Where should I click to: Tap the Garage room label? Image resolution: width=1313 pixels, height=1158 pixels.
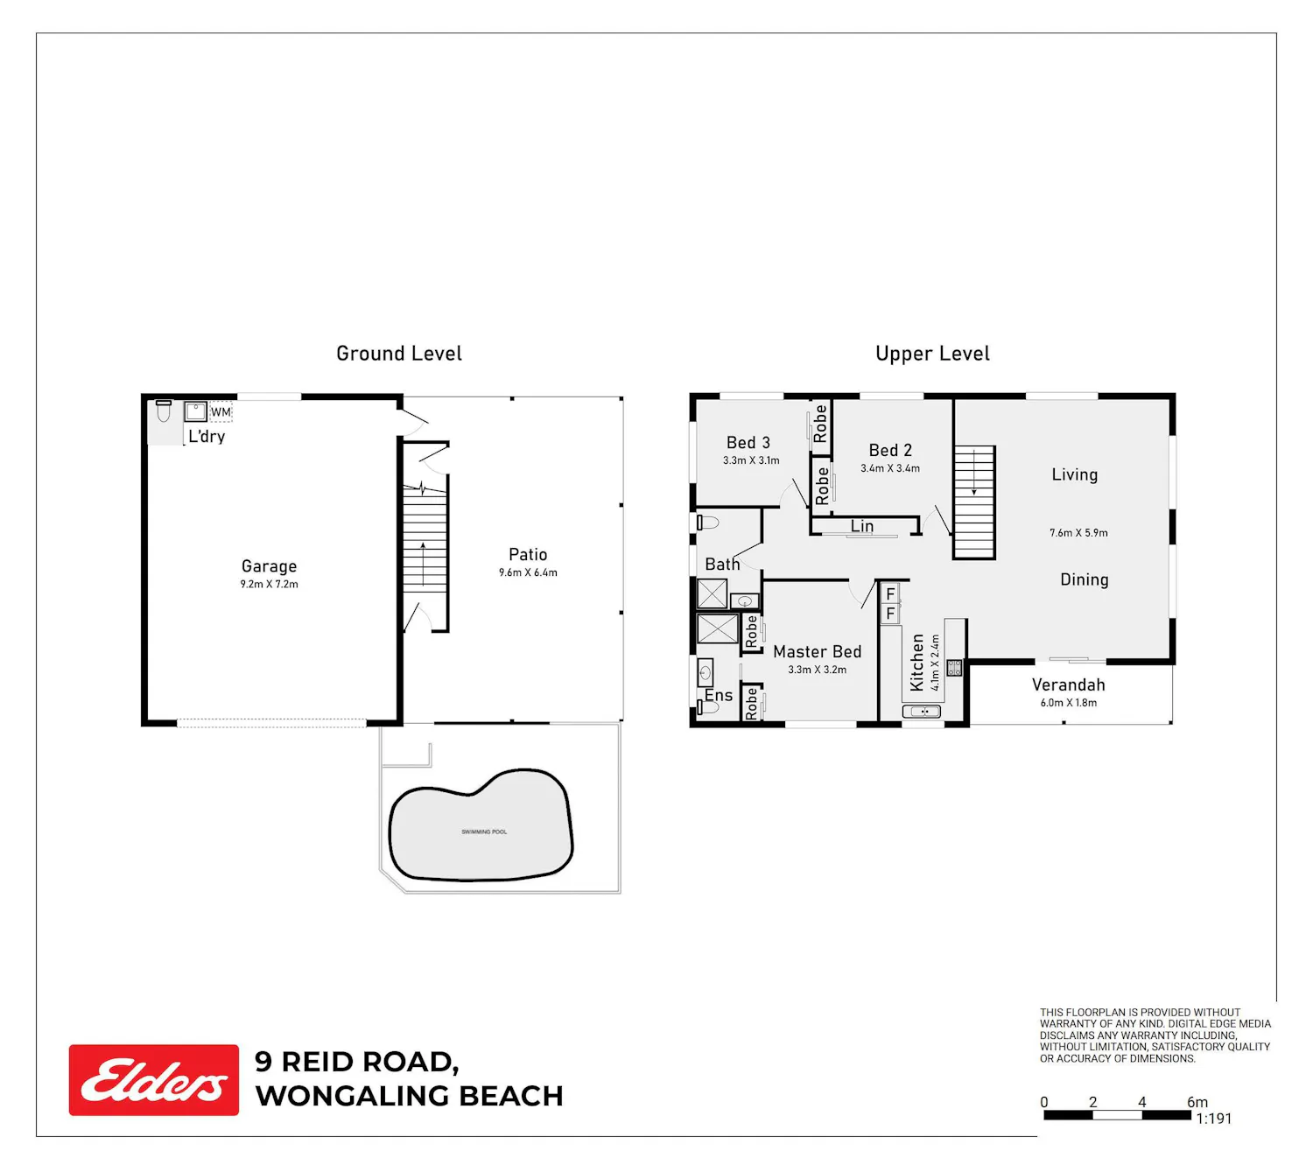click(269, 565)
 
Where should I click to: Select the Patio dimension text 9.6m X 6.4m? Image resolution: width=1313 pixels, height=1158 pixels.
click(528, 572)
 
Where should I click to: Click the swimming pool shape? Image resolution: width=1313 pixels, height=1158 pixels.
click(481, 825)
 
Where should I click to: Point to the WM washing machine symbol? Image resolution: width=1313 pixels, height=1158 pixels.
click(221, 411)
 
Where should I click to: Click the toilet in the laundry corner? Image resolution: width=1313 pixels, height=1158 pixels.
click(164, 411)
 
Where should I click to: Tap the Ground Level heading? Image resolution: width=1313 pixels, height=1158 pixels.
click(398, 353)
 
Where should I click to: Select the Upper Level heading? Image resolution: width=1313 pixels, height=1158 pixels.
click(932, 353)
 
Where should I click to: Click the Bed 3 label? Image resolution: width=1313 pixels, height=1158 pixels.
click(748, 442)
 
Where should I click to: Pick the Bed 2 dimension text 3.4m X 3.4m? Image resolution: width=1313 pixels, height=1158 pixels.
click(890, 468)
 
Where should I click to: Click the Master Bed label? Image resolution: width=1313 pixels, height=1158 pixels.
click(817, 651)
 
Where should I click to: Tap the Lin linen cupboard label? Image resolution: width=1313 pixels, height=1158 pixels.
click(862, 526)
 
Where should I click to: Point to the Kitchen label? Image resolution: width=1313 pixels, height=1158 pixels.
click(916, 663)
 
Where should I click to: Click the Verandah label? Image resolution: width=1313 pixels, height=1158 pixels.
click(1068, 684)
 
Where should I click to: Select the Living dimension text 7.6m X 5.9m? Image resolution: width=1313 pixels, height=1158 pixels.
click(1078, 533)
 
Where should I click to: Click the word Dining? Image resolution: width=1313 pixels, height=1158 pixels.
click(1084, 579)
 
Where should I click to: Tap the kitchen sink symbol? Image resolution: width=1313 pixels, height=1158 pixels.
click(921, 712)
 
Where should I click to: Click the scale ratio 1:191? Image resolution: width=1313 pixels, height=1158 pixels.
click(1213, 1118)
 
